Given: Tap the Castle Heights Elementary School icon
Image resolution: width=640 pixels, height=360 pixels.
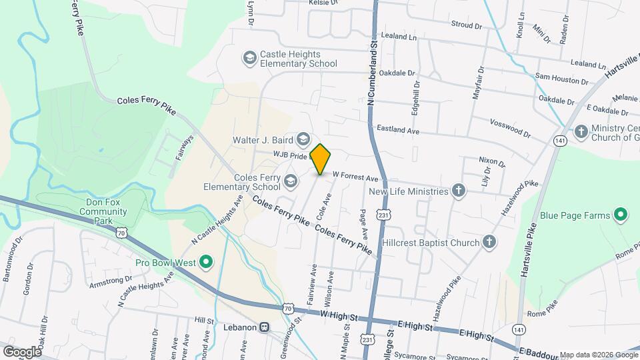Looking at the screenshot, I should click(250, 59).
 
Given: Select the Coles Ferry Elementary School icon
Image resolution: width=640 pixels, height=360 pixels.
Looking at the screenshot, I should click(291, 181).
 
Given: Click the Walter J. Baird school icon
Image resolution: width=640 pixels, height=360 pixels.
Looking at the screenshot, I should click(304, 139).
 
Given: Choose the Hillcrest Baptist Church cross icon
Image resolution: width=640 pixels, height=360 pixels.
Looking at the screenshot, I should click(489, 243).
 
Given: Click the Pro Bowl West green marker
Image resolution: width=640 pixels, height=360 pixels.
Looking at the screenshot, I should click(206, 262).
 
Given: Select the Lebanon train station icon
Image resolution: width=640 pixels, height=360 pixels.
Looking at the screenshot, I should click(265, 327).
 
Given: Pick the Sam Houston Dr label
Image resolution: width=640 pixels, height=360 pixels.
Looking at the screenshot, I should click(561, 79).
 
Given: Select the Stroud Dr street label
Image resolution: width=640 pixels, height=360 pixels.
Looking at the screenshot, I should click(466, 25).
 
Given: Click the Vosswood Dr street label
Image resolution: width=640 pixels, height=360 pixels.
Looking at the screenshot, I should click(509, 129).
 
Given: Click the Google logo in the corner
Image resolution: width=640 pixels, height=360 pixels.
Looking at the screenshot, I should click(21, 351).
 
